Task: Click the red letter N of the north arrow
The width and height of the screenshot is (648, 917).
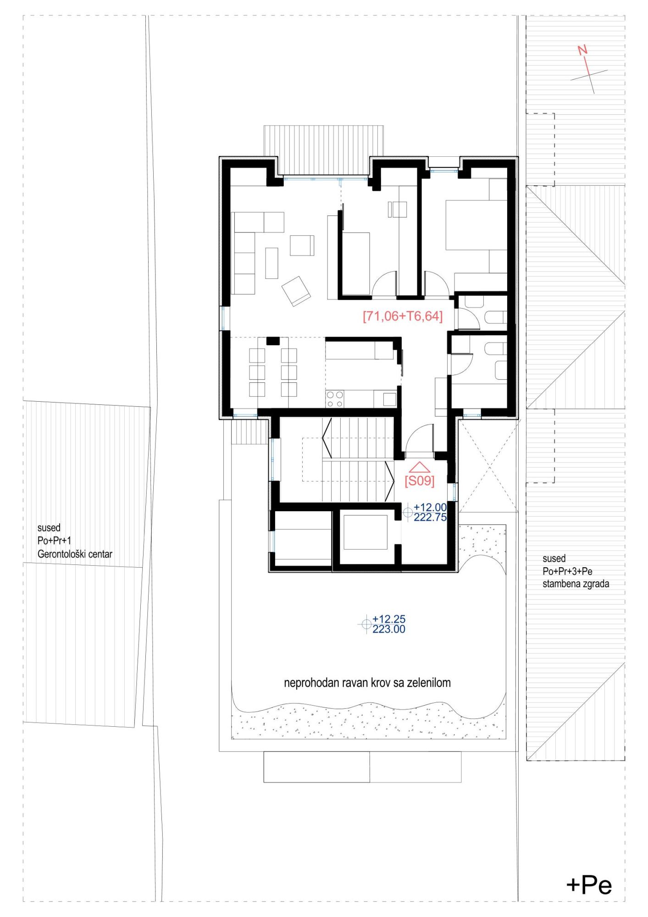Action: [582, 50]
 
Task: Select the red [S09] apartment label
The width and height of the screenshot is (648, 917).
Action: [419, 481]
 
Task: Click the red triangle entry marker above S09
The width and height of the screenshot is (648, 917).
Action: [419, 467]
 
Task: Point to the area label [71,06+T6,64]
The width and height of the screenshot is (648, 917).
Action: [403, 316]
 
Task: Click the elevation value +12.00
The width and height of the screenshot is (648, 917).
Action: [430, 507]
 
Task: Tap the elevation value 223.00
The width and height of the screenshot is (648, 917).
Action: [389, 629]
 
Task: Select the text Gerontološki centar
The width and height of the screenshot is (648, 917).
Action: [75, 554]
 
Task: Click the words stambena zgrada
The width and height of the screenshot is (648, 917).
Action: [576, 584]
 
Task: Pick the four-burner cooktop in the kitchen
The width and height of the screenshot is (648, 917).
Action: [334, 398]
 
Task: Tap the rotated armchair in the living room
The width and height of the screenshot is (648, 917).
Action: [296, 291]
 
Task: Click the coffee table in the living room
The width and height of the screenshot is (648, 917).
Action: [271, 263]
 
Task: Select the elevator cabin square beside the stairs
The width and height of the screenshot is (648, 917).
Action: [366, 532]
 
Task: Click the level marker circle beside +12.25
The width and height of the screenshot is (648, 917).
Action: [366, 624]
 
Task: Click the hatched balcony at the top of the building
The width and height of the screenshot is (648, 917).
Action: [324, 150]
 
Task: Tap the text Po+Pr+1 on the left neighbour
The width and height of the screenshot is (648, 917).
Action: [55, 541]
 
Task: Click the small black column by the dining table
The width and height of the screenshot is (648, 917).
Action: [273, 341]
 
